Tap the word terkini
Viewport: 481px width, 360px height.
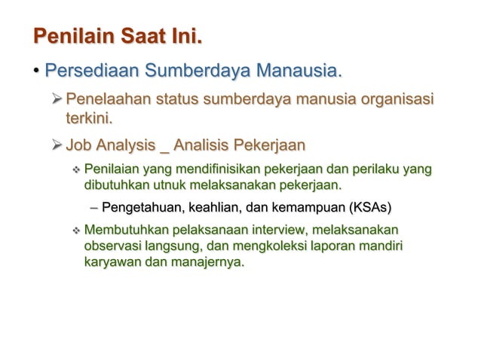click(x=89, y=118)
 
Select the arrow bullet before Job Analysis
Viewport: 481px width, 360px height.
click(x=57, y=144)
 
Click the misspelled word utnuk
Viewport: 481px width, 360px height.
click(x=170, y=185)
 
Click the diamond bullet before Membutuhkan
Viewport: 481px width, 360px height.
click(x=75, y=230)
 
